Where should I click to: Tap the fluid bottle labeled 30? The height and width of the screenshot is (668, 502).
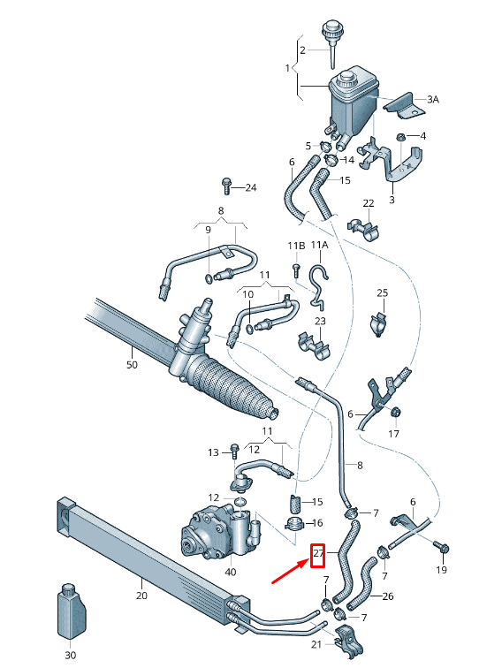click(71, 611)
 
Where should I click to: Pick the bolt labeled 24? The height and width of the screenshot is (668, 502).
click(226, 186)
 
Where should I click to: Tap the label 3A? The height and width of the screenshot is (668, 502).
click(432, 100)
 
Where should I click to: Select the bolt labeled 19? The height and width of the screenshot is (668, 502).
click(443, 550)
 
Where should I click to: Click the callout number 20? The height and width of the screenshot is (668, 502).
click(141, 596)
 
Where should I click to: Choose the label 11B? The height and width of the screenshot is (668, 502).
click(295, 245)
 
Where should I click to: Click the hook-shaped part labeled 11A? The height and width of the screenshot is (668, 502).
click(319, 283)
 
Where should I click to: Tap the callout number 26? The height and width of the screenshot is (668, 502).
click(386, 596)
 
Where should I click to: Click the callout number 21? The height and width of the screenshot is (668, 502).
click(317, 644)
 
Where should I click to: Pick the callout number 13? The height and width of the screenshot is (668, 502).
click(213, 452)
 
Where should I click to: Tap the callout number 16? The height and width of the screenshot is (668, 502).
click(318, 523)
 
